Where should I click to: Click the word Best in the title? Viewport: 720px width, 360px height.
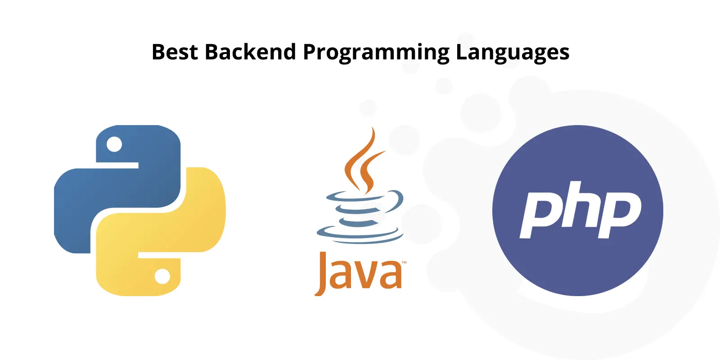tap(175, 51)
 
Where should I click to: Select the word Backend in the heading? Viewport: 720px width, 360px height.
tap(250, 51)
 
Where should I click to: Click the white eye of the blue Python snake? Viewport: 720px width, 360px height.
tap(114, 144)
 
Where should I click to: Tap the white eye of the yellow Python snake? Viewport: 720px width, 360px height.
tap(162, 276)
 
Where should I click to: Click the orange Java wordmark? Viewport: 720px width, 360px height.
tap(358, 273)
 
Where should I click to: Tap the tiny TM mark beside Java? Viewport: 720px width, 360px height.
tap(405, 263)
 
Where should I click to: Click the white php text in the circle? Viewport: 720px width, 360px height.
tap(580, 210)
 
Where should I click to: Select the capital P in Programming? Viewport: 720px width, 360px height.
tap(310, 51)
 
